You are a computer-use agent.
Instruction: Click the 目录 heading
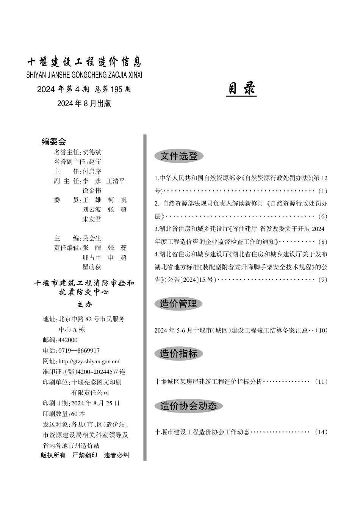(241, 89)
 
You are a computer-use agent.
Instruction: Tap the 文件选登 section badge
(179, 156)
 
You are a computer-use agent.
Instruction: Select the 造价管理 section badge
(178, 304)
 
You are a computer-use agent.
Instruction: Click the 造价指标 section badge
(178, 354)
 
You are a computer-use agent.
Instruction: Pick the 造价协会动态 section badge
(188, 406)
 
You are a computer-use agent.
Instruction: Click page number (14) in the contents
(321, 432)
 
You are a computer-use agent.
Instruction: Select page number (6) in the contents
(322, 216)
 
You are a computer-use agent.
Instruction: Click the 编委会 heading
(54, 142)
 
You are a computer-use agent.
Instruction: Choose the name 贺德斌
(92, 152)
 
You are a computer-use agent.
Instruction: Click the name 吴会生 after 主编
(92, 238)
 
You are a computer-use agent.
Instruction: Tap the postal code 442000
(68, 340)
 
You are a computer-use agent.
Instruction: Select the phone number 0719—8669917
(79, 351)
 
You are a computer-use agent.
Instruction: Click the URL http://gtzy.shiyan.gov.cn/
(89, 361)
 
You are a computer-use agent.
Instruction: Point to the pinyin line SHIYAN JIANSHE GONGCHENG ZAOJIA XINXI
(84, 75)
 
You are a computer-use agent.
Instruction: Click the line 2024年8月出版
(84, 104)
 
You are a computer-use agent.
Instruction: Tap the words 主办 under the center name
(84, 304)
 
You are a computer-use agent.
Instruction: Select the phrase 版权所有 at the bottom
(53, 455)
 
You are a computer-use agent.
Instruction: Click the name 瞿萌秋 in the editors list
(92, 267)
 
